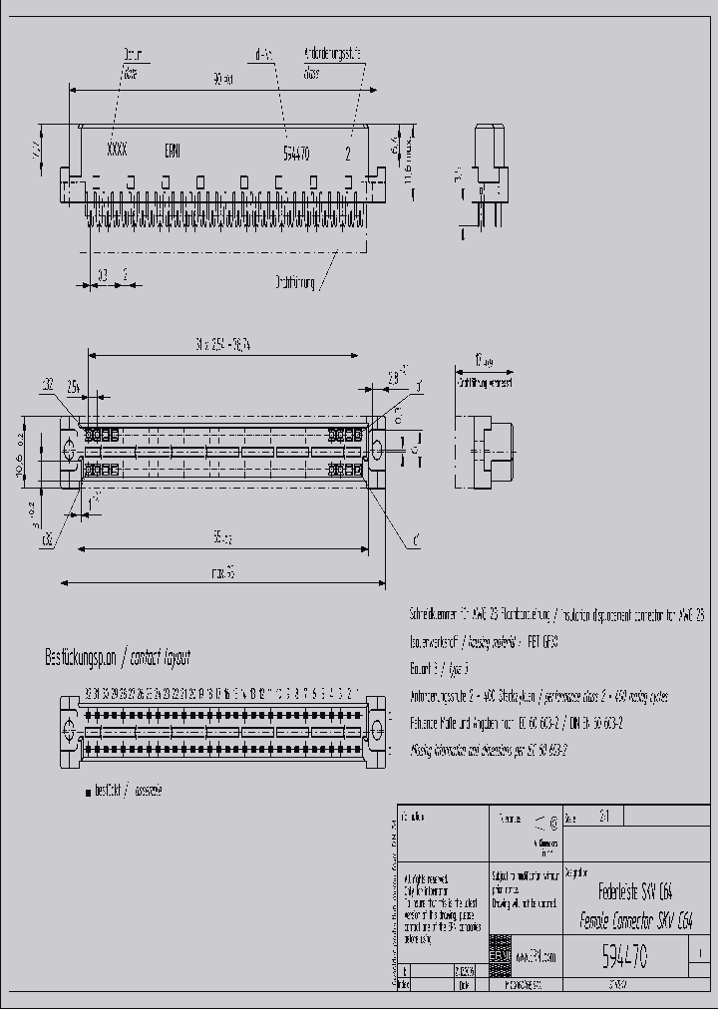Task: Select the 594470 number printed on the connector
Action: (296, 154)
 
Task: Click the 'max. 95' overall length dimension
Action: (222, 573)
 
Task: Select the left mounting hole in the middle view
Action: (70, 451)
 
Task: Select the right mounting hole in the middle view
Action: (378, 451)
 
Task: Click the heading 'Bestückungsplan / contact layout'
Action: (118, 658)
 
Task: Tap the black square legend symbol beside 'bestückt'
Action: (88, 790)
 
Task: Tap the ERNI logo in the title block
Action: (501, 956)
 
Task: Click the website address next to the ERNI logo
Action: (537, 957)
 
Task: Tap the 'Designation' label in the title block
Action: (576, 870)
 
